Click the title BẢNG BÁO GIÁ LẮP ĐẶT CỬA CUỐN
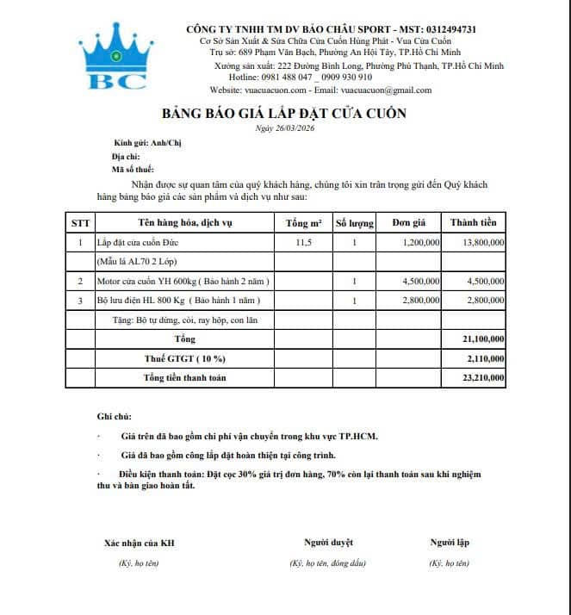[x=283, y=114]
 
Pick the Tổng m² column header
[x=303, y=223]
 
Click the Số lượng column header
[x=354, y=223]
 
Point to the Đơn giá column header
[x=408, y=223]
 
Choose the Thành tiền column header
[x=473, y=223]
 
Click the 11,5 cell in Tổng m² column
[x=303, y=243]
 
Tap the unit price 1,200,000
[x=421, y=243]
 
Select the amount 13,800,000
[x=483, y=243]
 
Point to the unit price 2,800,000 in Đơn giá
[x=421, y=300]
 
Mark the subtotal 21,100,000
[x=483, y=339]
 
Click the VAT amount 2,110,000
[x=486, y=358]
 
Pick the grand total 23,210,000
[x=483, y=378]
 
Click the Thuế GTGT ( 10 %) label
[x=184, y=358]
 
